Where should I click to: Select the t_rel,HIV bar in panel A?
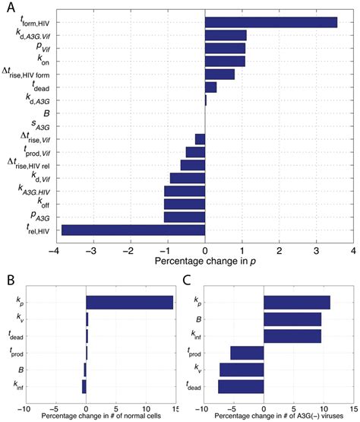pos(133,230)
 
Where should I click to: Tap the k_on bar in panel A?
pos(225,61)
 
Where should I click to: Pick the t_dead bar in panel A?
pos(210,87)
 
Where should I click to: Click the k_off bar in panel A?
pos(185,204)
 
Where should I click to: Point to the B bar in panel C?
pos(292,319)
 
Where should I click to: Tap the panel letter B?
pos(9,280)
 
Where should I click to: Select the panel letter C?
pos(188,280)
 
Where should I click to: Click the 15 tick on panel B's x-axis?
pos(174,406)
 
